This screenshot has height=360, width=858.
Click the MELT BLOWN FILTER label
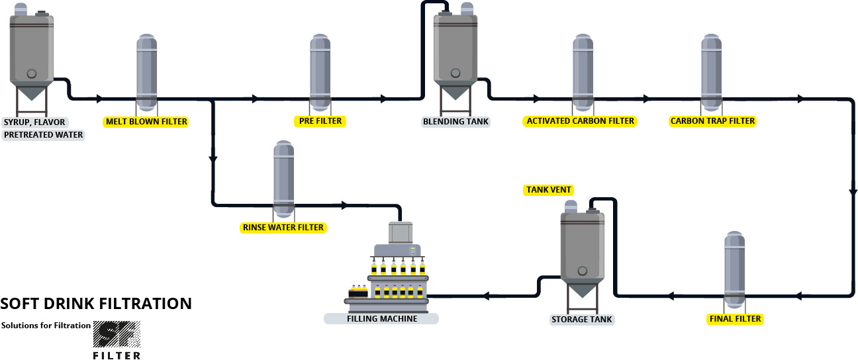[146, 122]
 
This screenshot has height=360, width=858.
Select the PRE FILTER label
[320, 121]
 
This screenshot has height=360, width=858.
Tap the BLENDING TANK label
[455, 122]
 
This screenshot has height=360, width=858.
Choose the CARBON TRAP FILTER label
[712, 121]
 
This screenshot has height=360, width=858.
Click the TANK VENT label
[548, 190]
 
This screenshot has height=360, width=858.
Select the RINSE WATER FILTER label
[283, 228]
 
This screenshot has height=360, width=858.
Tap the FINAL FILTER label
[735, 319]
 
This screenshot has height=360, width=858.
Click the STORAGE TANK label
[582, 320]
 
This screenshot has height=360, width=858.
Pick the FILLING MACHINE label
[381, 318]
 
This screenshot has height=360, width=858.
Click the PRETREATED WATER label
[44, 135]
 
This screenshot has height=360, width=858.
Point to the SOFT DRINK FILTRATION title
[97, 304]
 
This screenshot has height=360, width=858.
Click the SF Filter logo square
[117, 335]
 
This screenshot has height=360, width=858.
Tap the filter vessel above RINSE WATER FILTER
[283, 178]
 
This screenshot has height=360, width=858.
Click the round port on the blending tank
[454, 72]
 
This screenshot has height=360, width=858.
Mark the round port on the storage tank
[583, 271]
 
